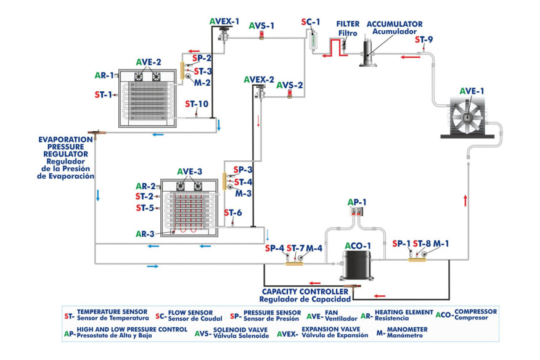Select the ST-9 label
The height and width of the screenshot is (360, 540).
tap(423, 39)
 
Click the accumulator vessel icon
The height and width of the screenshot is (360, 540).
tap(370, 52)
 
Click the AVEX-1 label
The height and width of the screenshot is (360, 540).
tap(224, 21)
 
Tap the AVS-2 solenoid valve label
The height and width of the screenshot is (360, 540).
tap(290, 84)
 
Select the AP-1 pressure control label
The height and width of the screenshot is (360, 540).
tap(357, 202)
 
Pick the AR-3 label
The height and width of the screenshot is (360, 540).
tap(145, 234)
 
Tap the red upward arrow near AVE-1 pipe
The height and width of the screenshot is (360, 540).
tap(465, 200)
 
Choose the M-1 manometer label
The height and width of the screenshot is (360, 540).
tap(441, 243)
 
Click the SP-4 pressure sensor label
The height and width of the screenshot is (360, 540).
tap(274, 248)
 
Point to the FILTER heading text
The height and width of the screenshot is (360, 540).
tap(348, 24)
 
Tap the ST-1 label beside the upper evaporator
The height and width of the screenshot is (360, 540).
tap(103, 95)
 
